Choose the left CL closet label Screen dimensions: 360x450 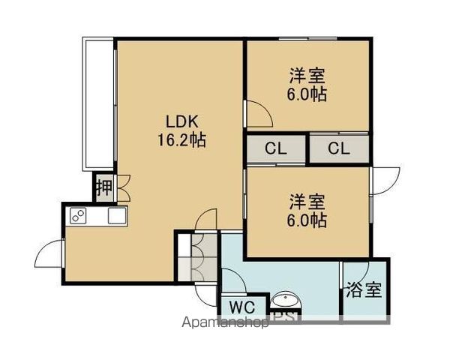275,148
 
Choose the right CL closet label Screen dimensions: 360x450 338,148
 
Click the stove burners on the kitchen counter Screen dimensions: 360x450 77,216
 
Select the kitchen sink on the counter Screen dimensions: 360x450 118,216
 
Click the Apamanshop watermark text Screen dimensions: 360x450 225,324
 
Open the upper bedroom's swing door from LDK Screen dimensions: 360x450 259,113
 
